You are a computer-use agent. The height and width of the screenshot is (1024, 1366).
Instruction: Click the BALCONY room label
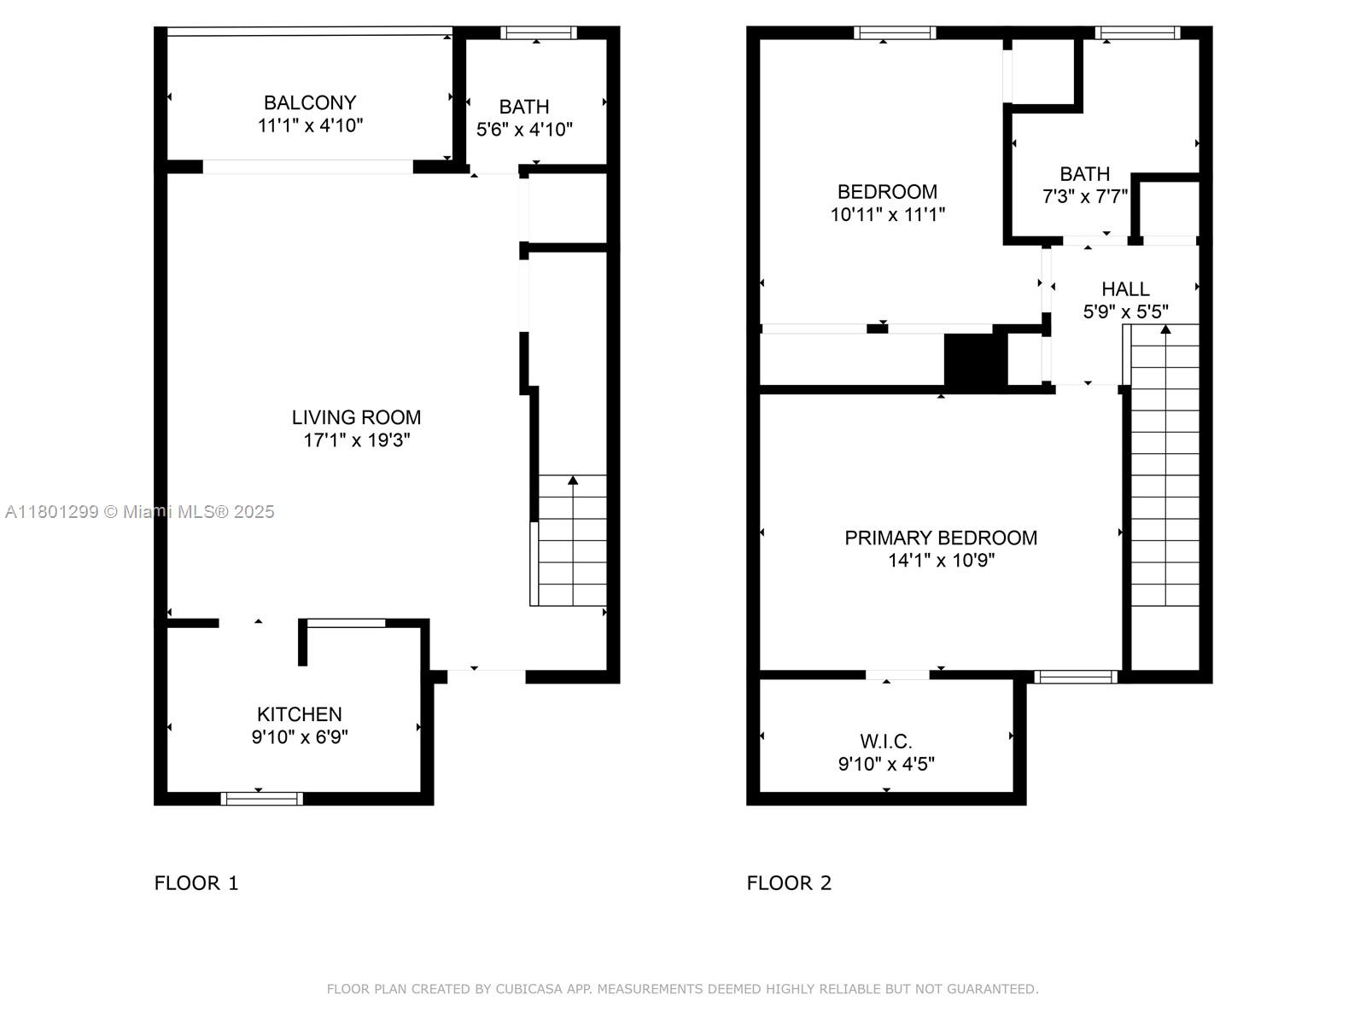(x=310, y=102)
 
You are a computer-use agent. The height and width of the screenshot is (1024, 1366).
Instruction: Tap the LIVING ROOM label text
(x=356, y=417)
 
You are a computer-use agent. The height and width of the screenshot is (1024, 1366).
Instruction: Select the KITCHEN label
(x=300, y=713)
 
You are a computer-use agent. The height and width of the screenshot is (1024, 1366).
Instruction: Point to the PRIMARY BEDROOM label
(x=940, y=538)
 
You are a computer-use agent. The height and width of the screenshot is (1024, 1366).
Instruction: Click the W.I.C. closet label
(x=886, y=741)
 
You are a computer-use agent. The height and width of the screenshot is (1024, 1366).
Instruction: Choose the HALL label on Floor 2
(x=1125, y=289)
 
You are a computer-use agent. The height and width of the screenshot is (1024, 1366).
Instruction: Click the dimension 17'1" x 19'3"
(x=357, y=440)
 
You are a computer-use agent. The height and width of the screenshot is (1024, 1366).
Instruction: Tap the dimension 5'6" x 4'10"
(x=524, y=130)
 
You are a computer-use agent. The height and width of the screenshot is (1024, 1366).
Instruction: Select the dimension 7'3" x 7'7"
(x=1085, y=196)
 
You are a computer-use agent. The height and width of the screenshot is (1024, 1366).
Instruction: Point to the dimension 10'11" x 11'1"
(x=887, y=214)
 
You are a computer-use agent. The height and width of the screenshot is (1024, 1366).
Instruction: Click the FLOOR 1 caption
(x=196, y=883)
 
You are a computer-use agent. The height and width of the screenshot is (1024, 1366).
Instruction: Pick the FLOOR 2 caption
(x=789, y=883)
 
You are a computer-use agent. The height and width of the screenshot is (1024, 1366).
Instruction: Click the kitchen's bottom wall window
(x=262, y=799)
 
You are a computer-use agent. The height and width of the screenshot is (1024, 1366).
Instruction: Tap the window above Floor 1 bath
(x=539, y=32)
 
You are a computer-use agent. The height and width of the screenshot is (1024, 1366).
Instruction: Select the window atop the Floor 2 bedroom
(x=895, y=32)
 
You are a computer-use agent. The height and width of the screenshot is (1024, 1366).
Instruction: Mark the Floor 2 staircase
(x=1165, y=465)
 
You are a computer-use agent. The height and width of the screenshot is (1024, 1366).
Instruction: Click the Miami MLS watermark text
(x=139, y=512)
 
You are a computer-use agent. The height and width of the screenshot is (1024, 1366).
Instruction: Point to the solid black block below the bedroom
(x=975, y=362)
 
